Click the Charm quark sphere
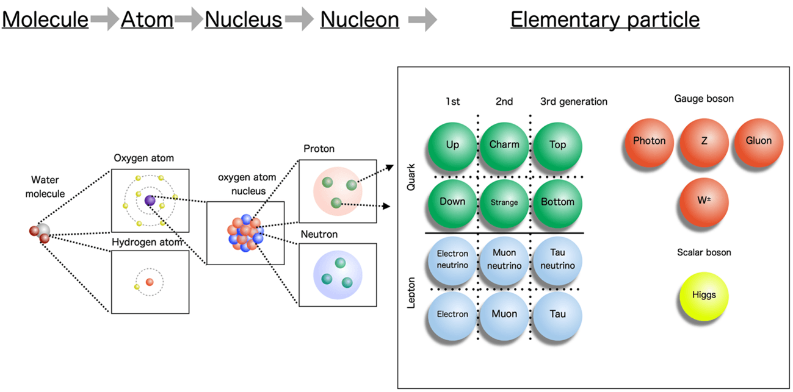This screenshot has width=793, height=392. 504,146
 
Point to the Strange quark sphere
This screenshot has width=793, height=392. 504,202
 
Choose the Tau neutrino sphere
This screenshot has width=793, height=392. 558,259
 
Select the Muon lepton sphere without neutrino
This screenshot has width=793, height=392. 504,315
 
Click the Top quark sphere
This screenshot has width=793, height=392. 558,146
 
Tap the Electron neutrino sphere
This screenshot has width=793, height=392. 452,259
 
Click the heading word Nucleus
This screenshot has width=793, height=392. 244,20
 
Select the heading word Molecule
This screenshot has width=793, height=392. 45,20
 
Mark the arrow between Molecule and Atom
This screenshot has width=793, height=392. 104,21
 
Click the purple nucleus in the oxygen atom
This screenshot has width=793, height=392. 150,201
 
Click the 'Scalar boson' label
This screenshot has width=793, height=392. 704,252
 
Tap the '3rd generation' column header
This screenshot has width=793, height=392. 574,102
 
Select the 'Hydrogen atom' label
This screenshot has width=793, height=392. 147,243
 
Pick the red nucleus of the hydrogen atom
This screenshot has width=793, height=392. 150,282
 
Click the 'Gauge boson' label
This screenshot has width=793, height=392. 704,98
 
